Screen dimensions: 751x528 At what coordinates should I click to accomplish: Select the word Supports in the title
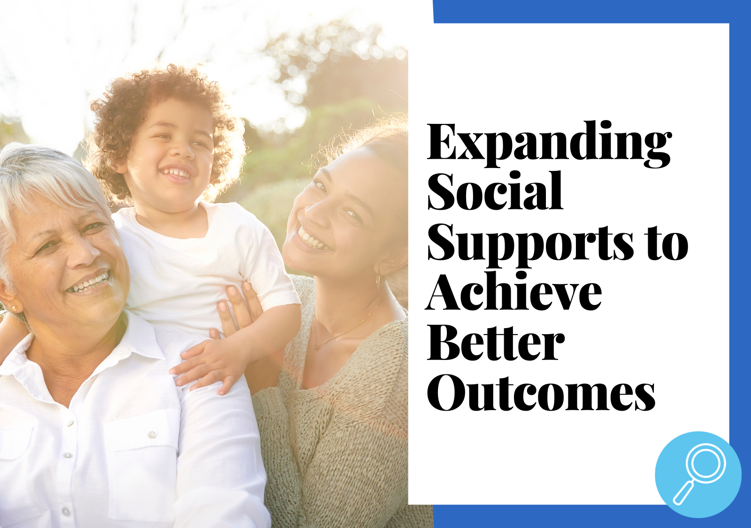point(530,242)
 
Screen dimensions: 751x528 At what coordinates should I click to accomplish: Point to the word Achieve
point(513,291)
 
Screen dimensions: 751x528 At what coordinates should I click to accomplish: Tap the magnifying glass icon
point(698,474)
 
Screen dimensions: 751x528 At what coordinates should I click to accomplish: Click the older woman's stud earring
point(14,307)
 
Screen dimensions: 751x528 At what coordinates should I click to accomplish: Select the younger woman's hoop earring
point(378,281)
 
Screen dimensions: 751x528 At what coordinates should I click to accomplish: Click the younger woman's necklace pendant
point(316,345)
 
